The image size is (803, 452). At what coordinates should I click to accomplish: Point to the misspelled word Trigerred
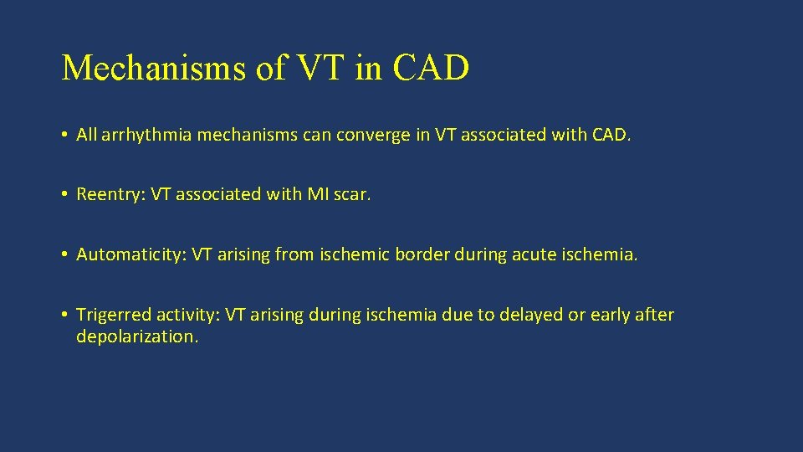click(x=110, y=315)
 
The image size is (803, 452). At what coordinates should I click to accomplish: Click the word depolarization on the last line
click(x=137, y=336)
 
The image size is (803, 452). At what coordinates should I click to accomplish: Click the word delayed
click(x=528, y=315)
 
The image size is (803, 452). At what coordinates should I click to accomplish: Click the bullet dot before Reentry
click(x=65, y=194)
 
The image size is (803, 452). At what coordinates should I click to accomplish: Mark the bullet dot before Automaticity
click(x=65, y=254)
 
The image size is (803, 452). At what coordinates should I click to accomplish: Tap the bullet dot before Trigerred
click(x=65, y=315)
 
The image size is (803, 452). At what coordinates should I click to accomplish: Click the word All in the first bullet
click(x=86, y=134)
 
